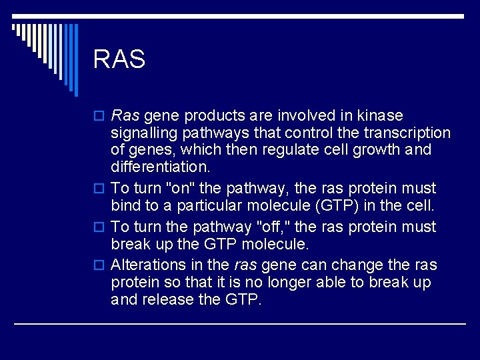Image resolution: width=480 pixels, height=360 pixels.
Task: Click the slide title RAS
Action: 119,60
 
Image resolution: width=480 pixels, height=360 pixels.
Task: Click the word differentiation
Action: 160,167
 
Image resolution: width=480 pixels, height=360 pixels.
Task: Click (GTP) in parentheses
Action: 347,205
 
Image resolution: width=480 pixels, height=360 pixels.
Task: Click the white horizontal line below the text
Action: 240,324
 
